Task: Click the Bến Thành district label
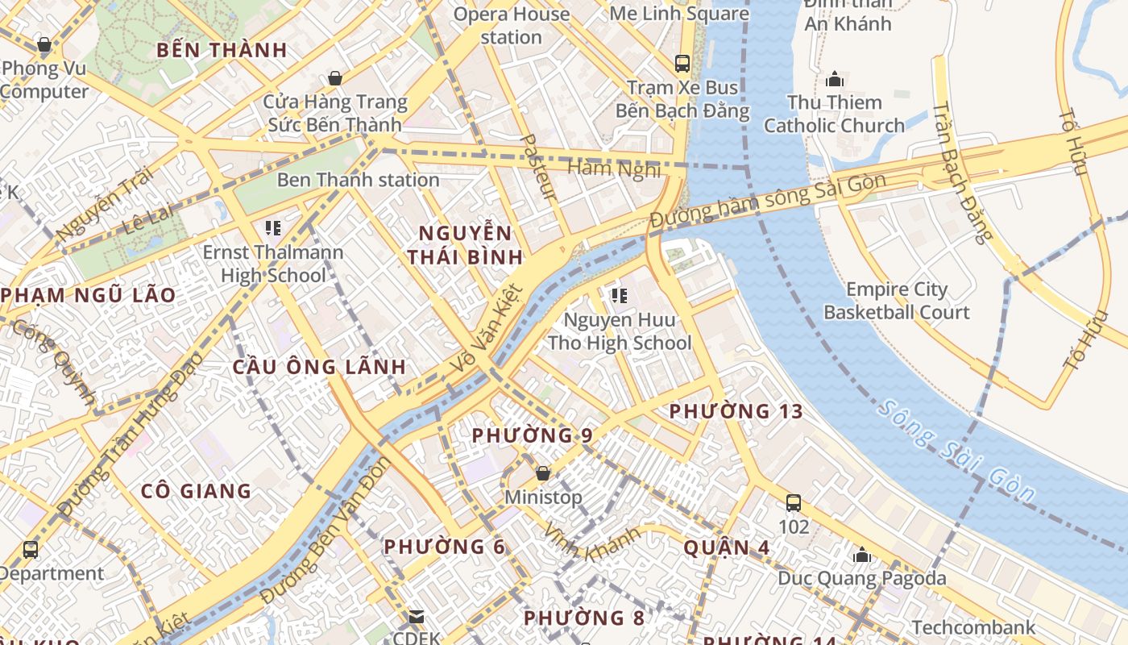[222, 50]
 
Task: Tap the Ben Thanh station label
[358, 180]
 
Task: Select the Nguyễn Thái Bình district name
[465, 245]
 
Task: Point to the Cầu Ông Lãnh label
[319, 367]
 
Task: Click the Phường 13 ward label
[736, 411]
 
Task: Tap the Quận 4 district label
[727, 547]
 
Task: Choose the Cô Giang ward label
[196, 490]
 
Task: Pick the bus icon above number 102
[794, 503]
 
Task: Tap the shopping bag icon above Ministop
[543, 473]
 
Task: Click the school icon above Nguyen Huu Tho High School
[619, 296]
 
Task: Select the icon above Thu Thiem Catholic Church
[834, 79]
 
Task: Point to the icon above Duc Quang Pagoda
[862, 555]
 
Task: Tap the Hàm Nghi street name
[614, 169]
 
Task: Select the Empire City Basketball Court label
[896, 301]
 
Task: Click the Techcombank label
[973, 627]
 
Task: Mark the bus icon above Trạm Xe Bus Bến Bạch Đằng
[682, 63]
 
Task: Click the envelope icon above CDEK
[417, 617]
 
